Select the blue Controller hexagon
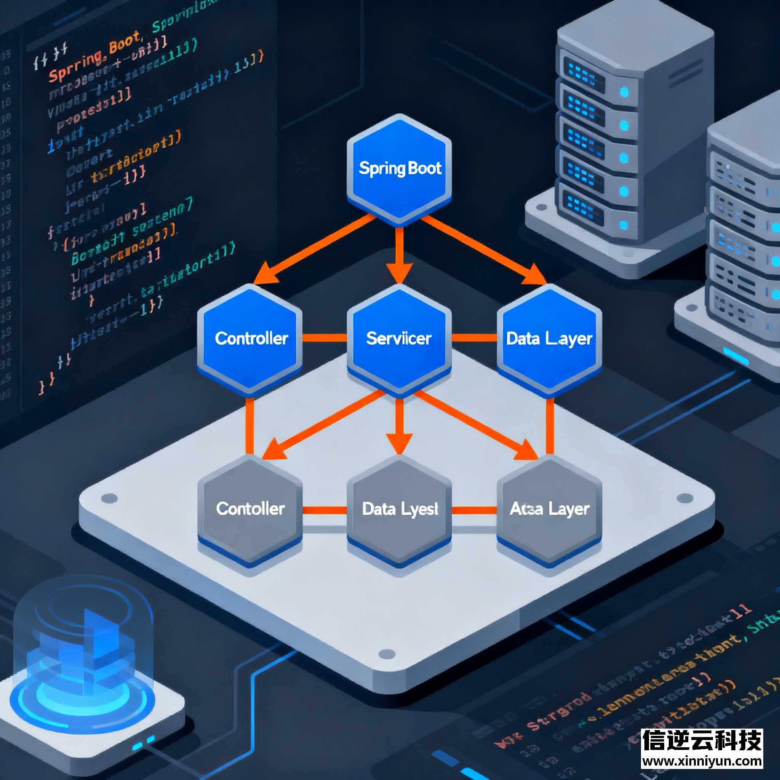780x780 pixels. click(x=250, y=339)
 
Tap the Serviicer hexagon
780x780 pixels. click(x=399, y=339)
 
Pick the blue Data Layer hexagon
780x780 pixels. click(x=549, y=339)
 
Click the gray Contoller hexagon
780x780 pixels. click(x=250, y=510)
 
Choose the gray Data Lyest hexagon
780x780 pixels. click(x=399, y=510)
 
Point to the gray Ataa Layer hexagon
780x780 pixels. click(x=549, y=510)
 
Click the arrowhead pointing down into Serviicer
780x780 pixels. click(x=399, y=273)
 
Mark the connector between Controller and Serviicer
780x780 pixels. click(x=324, y=337)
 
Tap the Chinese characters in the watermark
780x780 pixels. click(x=702, y=740)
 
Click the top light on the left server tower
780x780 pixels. click(x=624, y=93)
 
